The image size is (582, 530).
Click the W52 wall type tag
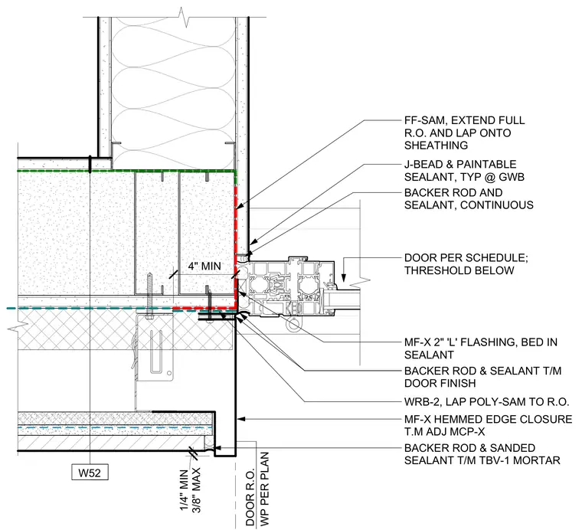90,473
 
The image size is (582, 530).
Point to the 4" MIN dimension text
204,266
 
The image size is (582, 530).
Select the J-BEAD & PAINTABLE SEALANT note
464,170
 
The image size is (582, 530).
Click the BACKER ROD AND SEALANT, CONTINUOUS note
469,198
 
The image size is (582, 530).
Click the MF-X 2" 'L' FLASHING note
481,348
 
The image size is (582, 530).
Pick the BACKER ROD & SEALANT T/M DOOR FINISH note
482,377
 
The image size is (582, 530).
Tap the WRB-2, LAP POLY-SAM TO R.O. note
486,401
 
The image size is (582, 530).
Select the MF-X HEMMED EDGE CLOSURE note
488,425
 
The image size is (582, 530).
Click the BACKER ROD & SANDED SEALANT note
482,454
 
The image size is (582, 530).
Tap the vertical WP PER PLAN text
264,489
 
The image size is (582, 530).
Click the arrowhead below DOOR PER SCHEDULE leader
344,278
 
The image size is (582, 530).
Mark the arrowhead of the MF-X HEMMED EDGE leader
241,419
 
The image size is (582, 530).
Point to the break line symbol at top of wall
183,17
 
